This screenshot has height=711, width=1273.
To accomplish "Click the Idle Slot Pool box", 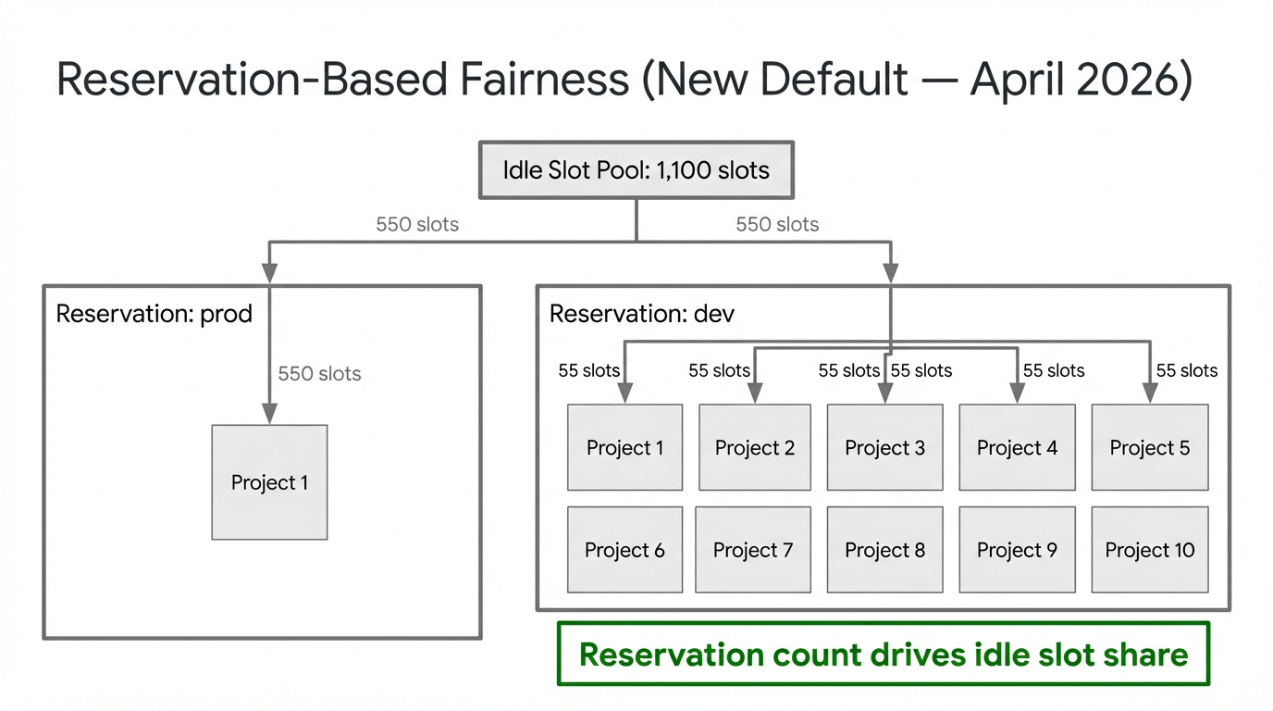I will (x=636, y=170).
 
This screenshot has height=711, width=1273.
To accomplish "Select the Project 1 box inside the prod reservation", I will (x=269, y=482).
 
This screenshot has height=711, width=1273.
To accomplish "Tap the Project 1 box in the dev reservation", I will (x=624, y=448).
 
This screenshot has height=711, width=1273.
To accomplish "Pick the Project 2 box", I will (x=755, y=448).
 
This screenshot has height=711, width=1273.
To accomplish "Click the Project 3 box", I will (x=884, y=448).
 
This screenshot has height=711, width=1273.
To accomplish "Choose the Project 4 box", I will (x=1017, y=448).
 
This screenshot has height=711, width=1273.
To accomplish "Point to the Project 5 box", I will (x=1149, y=448).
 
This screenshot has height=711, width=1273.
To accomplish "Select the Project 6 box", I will (x=624, y=550).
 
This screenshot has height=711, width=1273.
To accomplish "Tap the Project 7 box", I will (x=753, y=550).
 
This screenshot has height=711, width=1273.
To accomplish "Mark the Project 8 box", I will (x=884, y=550).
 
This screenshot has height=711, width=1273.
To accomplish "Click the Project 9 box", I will (x=1017, y=550).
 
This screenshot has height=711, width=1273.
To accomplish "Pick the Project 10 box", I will (x=1149, y=550).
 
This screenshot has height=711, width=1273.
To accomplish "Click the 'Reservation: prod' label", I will (x=154, y=314).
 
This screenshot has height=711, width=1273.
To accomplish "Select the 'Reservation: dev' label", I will (x=641, y=314).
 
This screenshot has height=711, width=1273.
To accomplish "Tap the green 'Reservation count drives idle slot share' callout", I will (x=884, y=655).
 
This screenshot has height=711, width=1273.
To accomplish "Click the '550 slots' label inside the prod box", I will (x=319, y=374).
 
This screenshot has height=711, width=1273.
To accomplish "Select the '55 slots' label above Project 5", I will (x=1187, y=370).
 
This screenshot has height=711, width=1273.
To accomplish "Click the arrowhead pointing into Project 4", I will (x=1017, y=395).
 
